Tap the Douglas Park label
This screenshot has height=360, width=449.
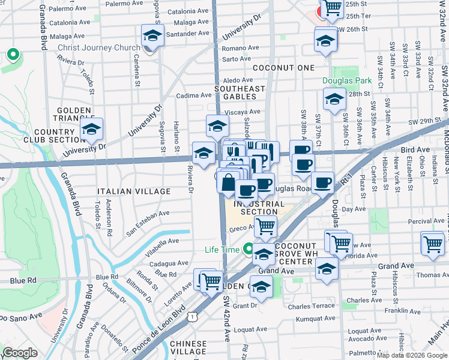pos(343,80)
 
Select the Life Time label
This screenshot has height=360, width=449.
pos(221,250)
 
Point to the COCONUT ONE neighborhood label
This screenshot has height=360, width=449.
pos(284,68)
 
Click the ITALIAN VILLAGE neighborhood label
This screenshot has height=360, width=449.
pos(134,191)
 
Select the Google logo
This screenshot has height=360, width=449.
pos(20,353)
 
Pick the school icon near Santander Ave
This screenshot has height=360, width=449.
pos(153,36)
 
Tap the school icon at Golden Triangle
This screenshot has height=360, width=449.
pos(92,129)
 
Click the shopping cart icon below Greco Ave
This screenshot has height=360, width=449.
pos(265,227)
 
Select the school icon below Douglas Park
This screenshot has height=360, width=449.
pos(334,100)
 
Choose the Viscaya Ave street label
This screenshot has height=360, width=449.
pos(242,112)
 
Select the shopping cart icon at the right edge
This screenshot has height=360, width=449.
pos(432,243)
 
